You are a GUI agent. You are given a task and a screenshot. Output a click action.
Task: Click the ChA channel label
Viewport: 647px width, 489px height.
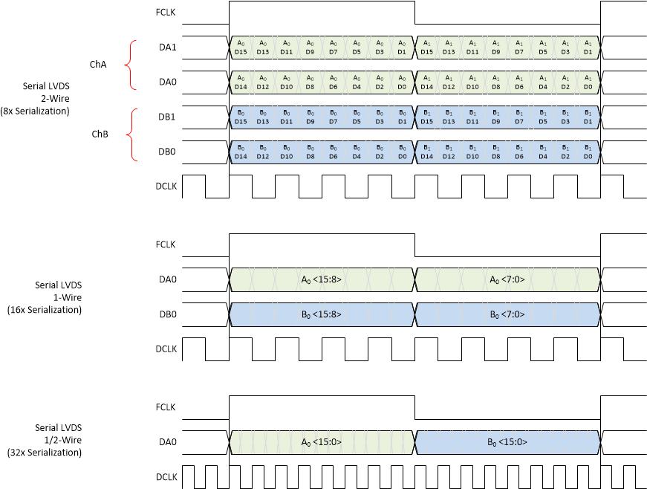click(x=97, y=65)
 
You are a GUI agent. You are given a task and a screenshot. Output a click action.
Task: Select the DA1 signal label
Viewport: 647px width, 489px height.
click(x=168, y=48)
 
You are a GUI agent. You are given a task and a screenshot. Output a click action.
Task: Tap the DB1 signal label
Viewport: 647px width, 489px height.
click(x=168, y=117)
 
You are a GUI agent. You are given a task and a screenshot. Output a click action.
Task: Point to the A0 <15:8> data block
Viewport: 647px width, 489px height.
click(x=321, y=279)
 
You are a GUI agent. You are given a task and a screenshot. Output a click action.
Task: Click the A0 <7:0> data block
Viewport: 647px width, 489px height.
click(x=507, y=279)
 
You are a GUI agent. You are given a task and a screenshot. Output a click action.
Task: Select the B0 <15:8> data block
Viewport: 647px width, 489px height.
click(x=321, y=314)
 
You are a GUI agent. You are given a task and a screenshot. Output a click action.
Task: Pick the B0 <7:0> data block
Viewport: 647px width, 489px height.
click(x=507, y=314)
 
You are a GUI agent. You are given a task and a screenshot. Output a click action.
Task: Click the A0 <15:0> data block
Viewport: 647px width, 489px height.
click(x=321, y=442)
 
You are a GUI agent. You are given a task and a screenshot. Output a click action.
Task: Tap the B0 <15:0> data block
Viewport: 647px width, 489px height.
click(x=507, y=442)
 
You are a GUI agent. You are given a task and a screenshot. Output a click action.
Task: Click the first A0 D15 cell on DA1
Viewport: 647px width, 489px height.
click(x=241, y=48)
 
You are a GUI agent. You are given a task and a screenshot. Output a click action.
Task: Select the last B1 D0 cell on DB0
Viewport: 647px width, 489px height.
click(x=588, y=152)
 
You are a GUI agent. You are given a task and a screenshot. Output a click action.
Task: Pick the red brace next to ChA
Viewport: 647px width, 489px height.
click(x=131, y=65)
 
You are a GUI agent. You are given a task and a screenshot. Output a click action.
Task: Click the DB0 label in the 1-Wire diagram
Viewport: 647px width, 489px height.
click(x=168, y=314)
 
